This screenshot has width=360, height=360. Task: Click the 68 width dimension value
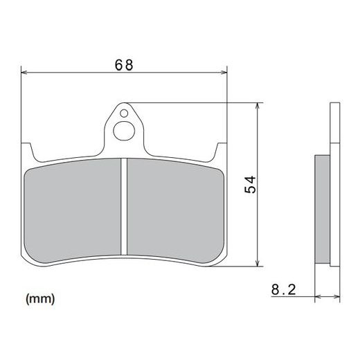click(x=125, y=64)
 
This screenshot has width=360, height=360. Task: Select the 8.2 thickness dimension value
click(x=285, y=291)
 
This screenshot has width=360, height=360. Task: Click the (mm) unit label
click(x=40, y=299)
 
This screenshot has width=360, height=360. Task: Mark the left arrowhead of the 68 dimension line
click(x=26, y=71)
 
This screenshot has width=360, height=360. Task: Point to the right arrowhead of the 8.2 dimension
click(x=340, y=296)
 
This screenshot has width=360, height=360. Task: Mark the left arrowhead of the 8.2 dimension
click(x=318, y=296)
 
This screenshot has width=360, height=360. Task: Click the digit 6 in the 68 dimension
click(x=118, y=64)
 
